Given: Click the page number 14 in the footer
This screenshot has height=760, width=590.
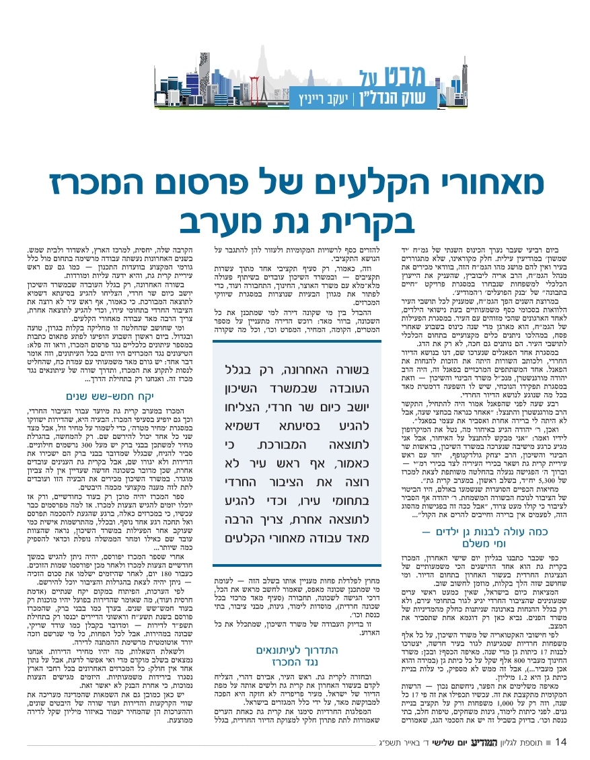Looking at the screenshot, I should point(564,742).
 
